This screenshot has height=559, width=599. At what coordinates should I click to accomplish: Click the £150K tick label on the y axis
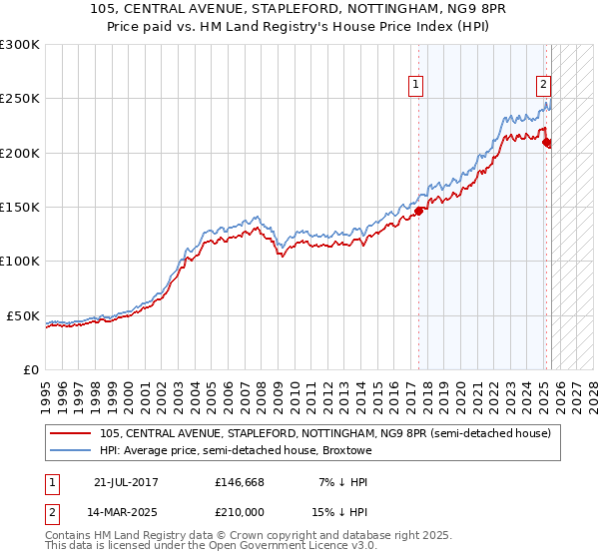pos(20,207)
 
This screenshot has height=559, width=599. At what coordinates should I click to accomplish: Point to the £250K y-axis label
pos(20,99)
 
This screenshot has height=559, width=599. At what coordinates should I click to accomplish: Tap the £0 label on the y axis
pos(30,369)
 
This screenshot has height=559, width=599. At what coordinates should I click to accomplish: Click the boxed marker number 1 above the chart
pos(414,85)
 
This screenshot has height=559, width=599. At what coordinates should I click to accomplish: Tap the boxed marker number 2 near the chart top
pos(544,85)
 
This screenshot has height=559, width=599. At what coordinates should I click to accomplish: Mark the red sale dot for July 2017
pos(419,211)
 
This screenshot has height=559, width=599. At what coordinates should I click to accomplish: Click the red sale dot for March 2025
pos(546,143)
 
